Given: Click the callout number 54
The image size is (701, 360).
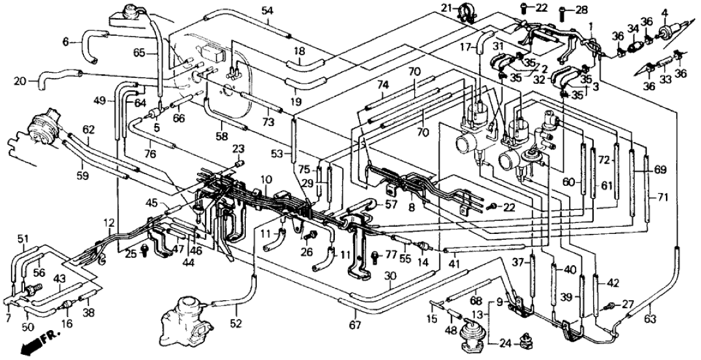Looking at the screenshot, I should pos(267,10).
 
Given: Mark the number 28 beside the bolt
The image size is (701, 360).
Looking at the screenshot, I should pos(580,10).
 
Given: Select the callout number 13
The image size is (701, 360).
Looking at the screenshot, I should pos(477,315).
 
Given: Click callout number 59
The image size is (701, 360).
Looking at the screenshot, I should pos(83,174).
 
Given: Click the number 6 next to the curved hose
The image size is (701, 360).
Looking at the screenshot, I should pos(66,41).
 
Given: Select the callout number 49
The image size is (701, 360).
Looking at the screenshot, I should pos(99,100).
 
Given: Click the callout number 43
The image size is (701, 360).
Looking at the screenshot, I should pos(59,278).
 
